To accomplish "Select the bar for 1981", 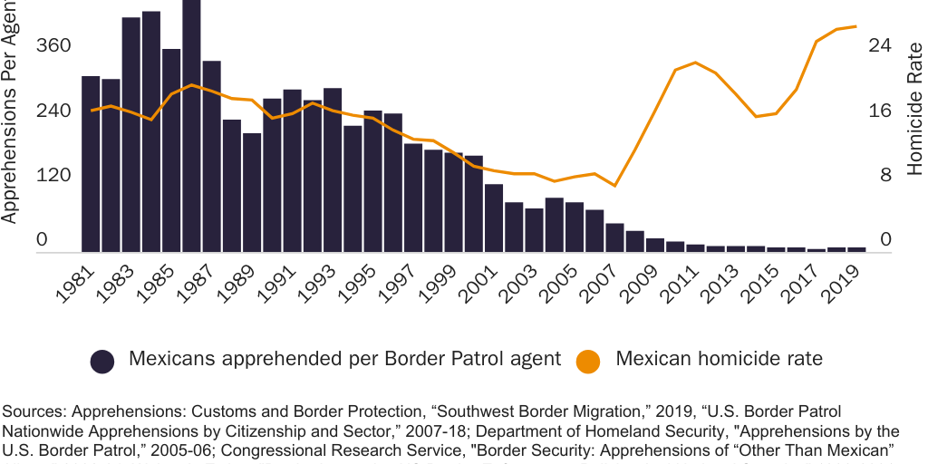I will point(91,164).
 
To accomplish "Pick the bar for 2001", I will point(494,218).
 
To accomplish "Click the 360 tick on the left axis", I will point(53,46).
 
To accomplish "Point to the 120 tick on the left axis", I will point(53,175).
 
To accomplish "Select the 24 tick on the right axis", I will point(881,46).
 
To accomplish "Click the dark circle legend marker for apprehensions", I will point(102,361).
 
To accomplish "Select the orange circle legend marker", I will point(587,361).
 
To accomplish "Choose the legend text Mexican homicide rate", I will point(719,359).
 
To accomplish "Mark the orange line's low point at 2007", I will point(614,186).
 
